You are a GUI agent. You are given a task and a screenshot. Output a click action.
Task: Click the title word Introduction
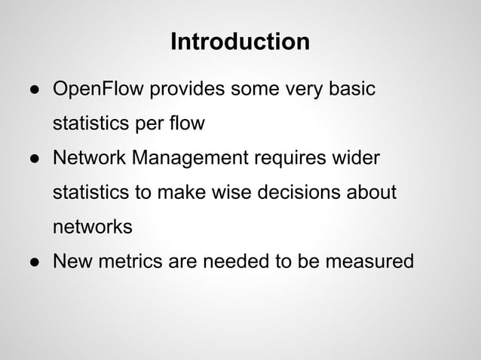click(240, 41)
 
